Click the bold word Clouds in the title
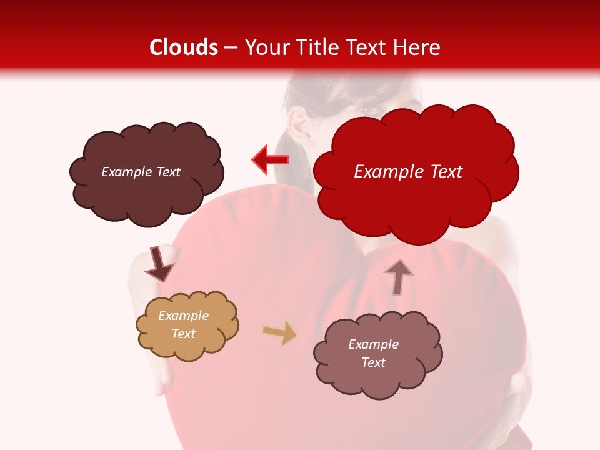[x=184, y=47]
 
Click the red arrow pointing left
[x=270, y=160]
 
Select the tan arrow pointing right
[x=279, y=333]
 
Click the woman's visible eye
[x=367, y=111]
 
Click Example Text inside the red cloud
[x=408, y=172]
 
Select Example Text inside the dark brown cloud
[x=141, y=172]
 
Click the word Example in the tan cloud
[x=183, y=316]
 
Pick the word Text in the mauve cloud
[x=373, y=362]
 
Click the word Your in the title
[x=265, y=47]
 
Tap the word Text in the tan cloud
[x=183, y=334]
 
